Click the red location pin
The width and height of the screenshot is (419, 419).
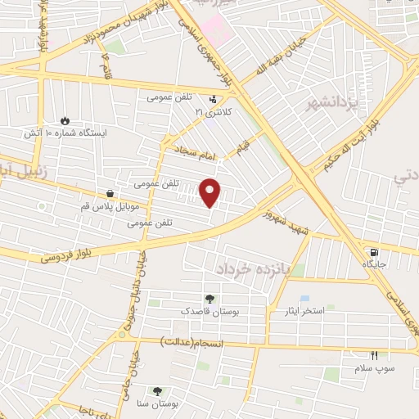[211, 191]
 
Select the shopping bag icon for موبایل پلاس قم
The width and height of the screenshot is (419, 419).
[110, 193]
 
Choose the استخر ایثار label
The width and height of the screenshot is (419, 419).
[324, 312]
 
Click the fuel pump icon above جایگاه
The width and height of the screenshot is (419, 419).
[374, 253]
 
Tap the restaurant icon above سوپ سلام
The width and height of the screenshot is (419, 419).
[374, 355]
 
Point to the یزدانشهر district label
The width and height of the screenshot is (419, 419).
[310, 103]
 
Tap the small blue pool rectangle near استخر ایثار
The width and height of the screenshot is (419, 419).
[304, 298]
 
